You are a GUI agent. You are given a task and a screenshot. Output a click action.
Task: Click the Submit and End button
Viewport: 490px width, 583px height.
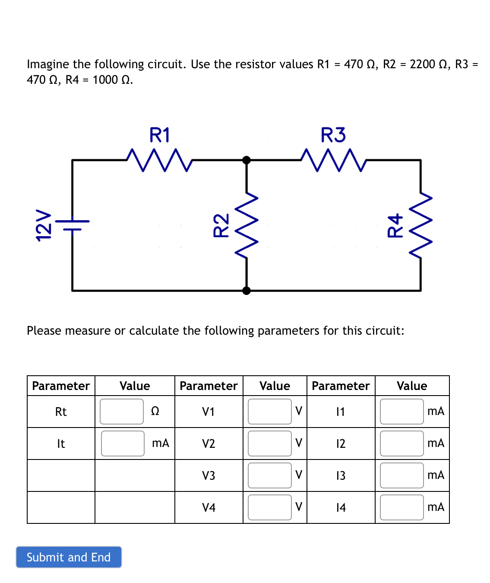69,557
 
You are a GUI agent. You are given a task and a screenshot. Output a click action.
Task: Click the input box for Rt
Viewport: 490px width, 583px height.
122,412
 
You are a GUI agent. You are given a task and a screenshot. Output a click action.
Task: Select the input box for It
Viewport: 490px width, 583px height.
123,444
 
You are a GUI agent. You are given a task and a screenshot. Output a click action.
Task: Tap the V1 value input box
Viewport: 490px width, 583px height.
270,412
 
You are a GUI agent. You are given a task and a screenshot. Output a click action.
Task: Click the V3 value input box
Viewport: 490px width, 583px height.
270,475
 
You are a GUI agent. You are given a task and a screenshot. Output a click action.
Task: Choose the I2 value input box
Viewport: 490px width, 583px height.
401,444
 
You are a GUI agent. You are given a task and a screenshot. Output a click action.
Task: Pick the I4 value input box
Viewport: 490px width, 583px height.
401,507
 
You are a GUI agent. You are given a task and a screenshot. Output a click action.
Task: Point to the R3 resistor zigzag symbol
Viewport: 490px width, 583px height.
334,160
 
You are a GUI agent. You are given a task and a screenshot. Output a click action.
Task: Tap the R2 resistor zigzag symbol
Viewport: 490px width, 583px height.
247,225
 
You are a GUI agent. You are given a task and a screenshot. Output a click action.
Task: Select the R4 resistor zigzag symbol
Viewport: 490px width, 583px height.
421,225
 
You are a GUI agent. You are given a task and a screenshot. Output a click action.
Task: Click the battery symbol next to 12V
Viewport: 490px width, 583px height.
73,225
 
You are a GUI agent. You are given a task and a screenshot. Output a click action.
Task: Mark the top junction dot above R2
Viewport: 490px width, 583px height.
247,160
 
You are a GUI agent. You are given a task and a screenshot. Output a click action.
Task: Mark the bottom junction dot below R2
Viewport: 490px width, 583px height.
247,291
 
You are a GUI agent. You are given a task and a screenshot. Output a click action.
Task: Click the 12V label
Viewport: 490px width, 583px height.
44,226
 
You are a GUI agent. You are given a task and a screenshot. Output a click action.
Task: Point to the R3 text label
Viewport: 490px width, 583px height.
333,135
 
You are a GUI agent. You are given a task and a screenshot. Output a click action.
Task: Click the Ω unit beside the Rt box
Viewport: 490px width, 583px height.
155,412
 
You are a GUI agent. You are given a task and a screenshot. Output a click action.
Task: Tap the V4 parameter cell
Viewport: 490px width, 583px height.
209,507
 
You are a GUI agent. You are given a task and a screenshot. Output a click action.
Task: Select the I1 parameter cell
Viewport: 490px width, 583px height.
341,412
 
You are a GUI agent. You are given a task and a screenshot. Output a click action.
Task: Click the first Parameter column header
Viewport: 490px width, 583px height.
61,386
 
